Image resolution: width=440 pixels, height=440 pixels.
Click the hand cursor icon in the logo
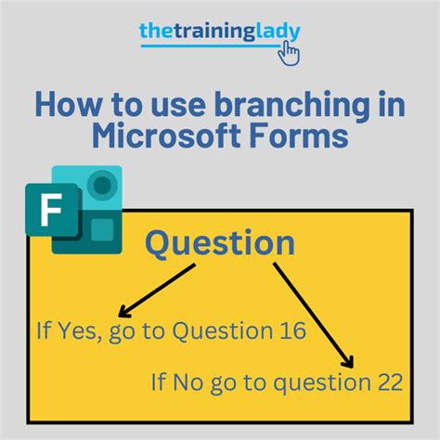click(290, 51)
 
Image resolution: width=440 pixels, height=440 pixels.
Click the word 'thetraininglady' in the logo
click(219, 31)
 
